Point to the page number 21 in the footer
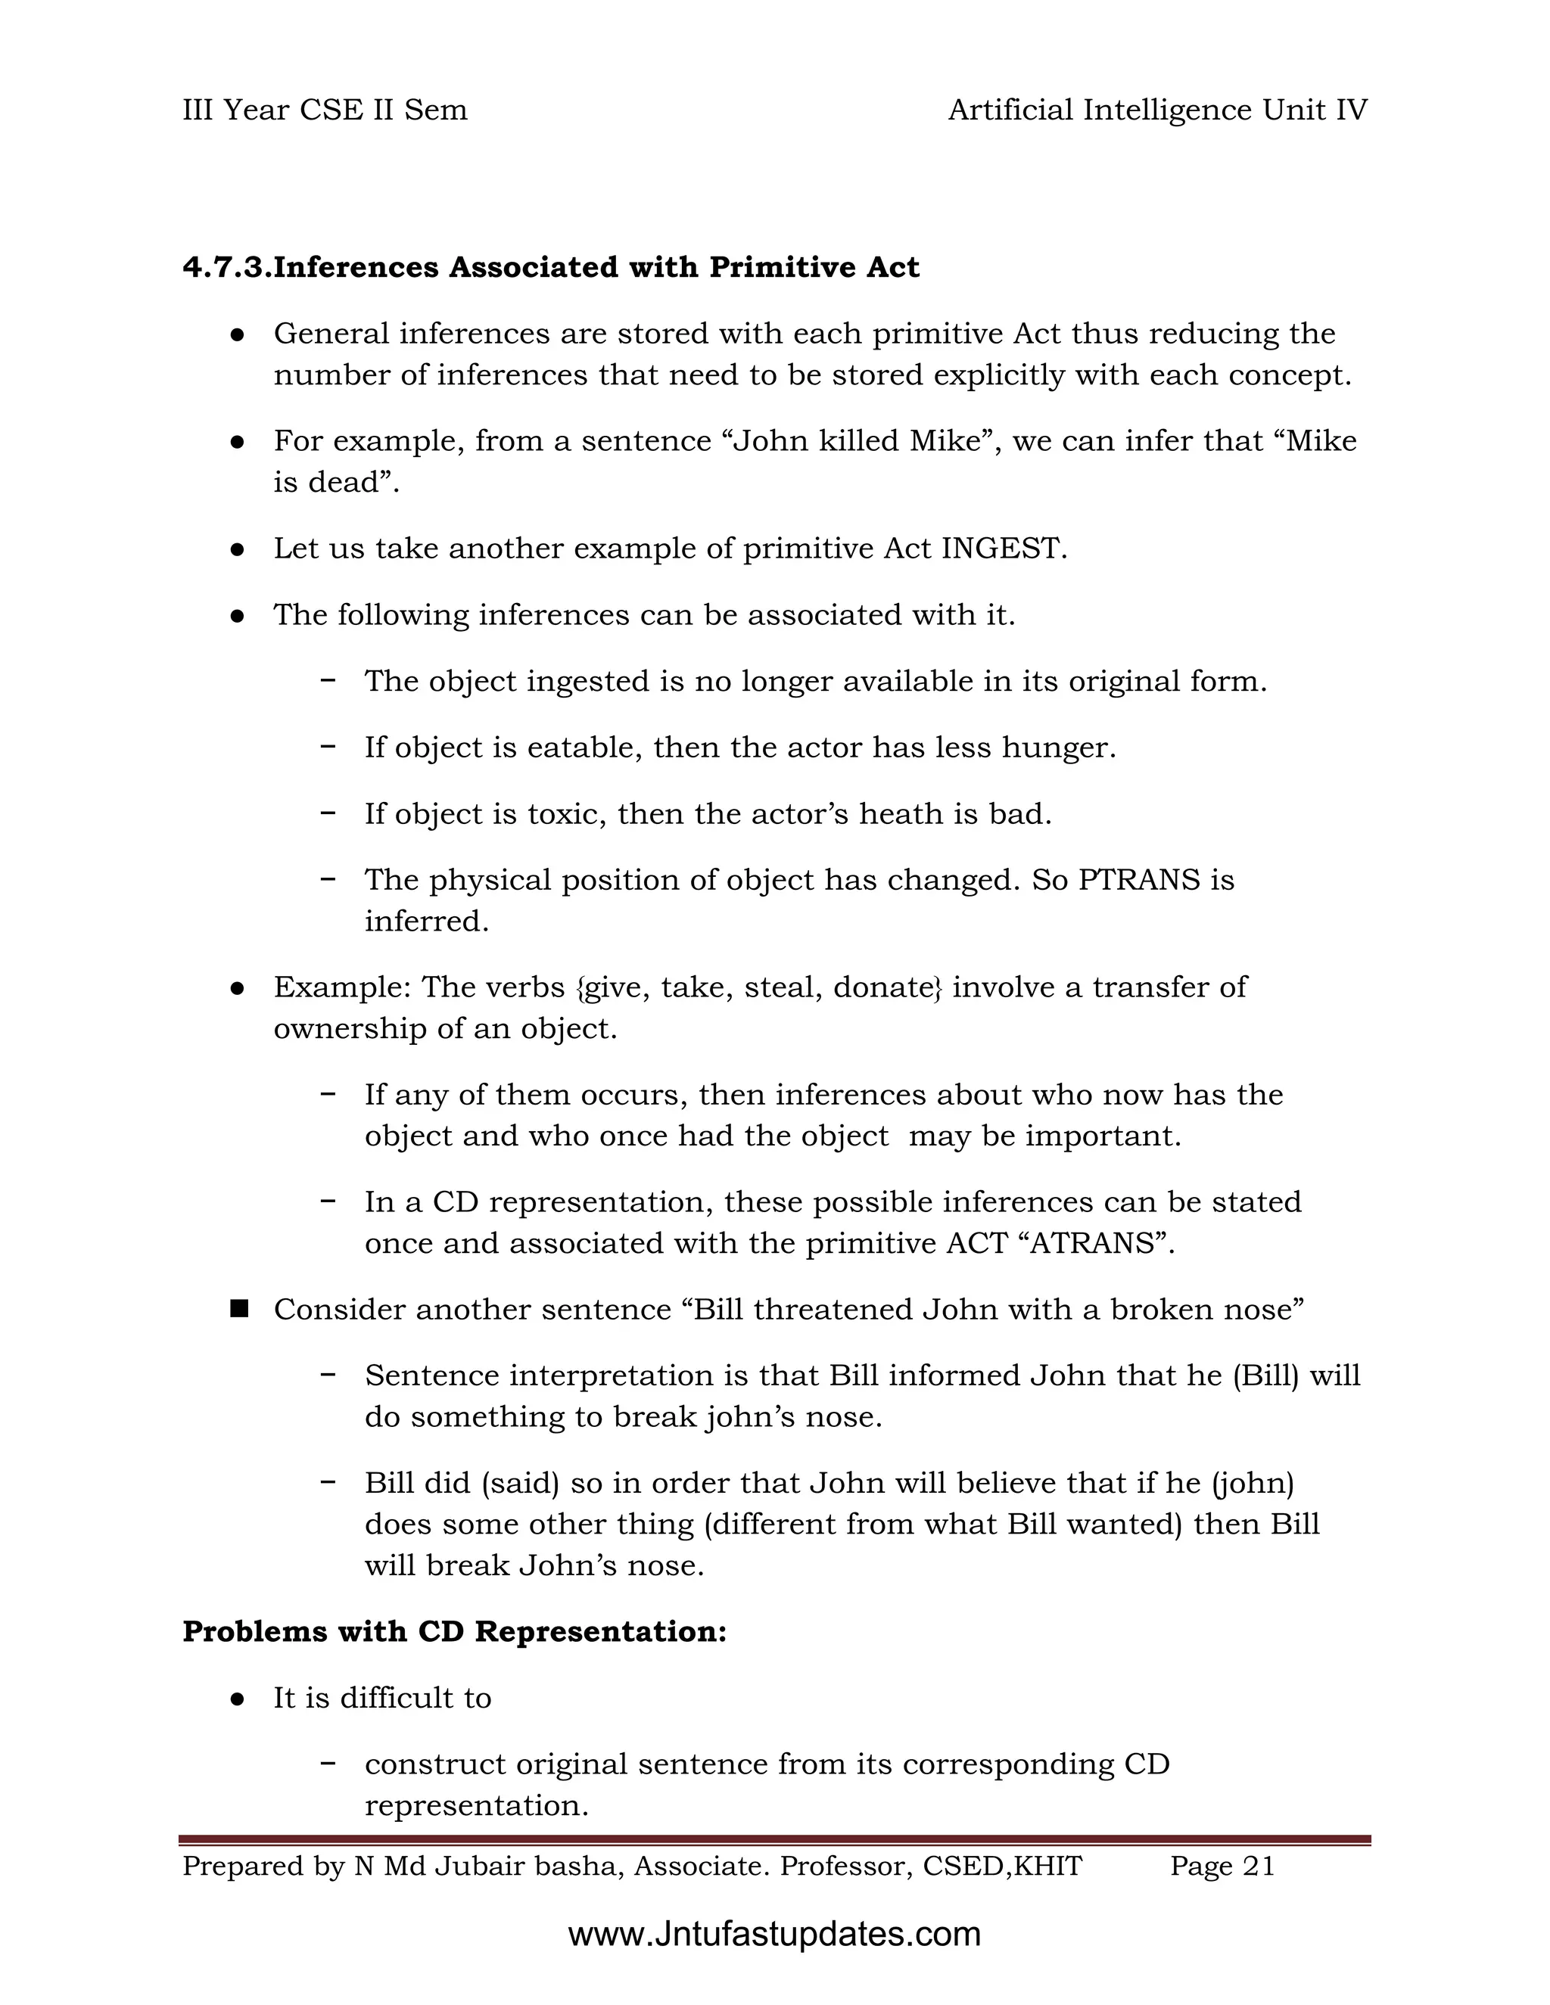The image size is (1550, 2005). click(x=1258, y=1867)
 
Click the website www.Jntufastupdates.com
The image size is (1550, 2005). click(x=774, y=1935)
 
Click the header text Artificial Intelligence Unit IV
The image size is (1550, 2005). click(x=1157, y=110)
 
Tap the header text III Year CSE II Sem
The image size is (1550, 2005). click(x=325, y=110)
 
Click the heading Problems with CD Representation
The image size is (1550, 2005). click(x=455, y=1631)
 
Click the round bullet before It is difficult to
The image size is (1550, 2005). click(x=237, y=1699)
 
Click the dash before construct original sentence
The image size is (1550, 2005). click(x=327, y=1764)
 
